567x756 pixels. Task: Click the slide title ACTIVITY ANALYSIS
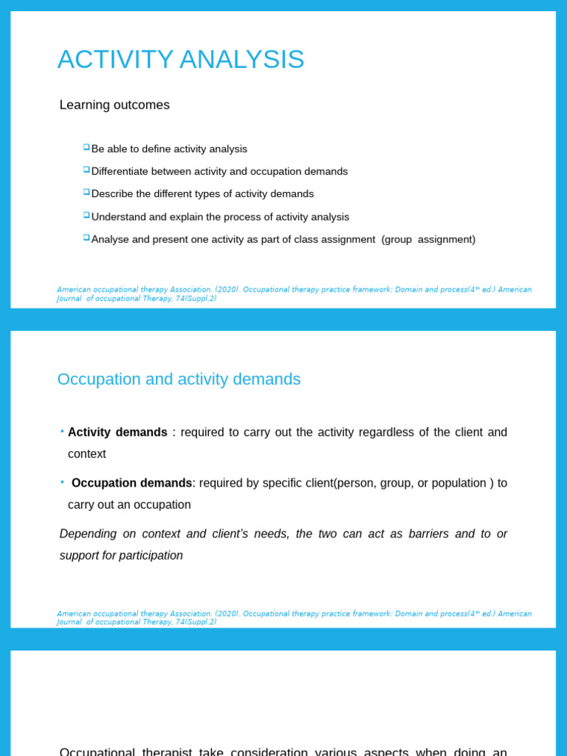point(181,60)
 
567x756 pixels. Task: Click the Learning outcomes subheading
point(114,105)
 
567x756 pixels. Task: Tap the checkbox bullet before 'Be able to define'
point(86,147)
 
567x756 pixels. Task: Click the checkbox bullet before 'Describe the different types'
point(86,192)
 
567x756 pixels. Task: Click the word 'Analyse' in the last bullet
point(110,239)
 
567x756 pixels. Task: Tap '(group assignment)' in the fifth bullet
point(428,239)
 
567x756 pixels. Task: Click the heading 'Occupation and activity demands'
point(179,379)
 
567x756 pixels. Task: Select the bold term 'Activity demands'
point(117,432)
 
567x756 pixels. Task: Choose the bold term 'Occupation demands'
point(131,483)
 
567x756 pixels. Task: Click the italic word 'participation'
point(145,555)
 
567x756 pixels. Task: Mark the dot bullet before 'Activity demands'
point(62,431)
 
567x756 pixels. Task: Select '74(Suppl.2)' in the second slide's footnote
point(196,622)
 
